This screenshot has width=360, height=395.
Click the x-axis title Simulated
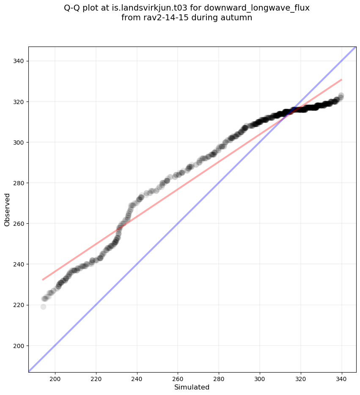click(x=192, y=387)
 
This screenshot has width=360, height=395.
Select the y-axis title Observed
click(x=7, y=209)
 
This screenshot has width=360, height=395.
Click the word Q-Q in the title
click(x=73, y=8)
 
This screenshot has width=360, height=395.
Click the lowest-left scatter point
click(x=43, y=307)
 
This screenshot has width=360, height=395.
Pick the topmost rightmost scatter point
click(x=341, y=96)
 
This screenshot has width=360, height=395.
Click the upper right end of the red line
click(x=341, y=80)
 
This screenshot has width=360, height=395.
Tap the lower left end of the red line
click(x=43, y=280)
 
